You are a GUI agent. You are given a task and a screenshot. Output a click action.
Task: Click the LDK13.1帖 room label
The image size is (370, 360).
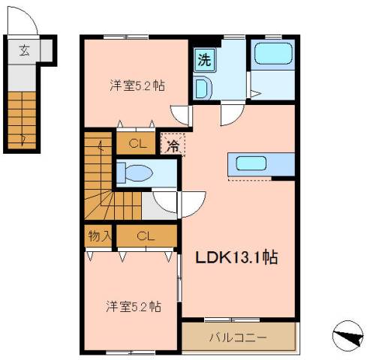point(236,257)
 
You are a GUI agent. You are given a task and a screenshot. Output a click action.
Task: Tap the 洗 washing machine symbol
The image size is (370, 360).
point(205,60)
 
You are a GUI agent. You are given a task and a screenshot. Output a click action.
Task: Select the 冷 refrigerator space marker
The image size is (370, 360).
point(173,143)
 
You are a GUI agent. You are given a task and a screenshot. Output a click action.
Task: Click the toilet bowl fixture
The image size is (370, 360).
point(134,172)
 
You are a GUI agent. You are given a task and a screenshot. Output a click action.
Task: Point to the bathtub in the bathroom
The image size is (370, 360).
point(273,53)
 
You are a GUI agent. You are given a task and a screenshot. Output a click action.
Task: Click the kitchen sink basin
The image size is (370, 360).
point(251,163)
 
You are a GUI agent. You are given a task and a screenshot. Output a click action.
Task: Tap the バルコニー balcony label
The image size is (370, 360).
point(238,337)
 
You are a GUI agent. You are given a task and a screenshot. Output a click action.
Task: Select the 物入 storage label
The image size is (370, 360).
point(100,235)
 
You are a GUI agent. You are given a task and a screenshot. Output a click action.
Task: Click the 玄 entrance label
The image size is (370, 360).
point(24,50)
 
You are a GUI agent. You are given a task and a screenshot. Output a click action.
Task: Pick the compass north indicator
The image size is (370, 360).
point(347,336)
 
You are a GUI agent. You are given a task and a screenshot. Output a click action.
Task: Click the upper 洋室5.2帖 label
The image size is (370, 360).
point(137,85)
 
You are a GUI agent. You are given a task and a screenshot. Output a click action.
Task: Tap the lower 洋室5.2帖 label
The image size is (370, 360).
point(134,307)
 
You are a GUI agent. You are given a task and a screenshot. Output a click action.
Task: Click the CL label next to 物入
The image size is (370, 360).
point(146,235)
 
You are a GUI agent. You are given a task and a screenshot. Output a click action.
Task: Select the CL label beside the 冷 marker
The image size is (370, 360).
point(138,144)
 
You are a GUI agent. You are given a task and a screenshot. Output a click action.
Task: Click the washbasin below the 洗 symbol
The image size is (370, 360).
point(203,88)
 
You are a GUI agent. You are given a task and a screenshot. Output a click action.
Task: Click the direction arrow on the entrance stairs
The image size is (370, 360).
point(23,140)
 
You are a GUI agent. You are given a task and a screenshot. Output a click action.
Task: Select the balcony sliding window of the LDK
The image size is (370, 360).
point(232,319)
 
